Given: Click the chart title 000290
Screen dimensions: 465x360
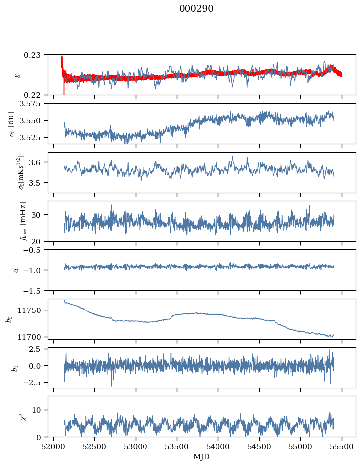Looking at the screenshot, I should [x=196, y=9].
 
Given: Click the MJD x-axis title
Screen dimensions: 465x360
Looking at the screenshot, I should [x=202, y=456].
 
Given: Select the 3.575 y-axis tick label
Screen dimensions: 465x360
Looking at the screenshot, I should [x=34, y=103].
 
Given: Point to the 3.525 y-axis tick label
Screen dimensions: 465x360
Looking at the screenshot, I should [x=34, y=137].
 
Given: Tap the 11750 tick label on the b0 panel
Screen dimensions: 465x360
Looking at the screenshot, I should [x=34, y=310].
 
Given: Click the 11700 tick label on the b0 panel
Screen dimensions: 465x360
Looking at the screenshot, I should [x=34, y=337].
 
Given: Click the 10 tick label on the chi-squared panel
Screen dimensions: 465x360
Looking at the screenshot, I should [x=39, y=410].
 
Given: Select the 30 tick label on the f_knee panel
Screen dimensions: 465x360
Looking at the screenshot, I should [x=39, y=215].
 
